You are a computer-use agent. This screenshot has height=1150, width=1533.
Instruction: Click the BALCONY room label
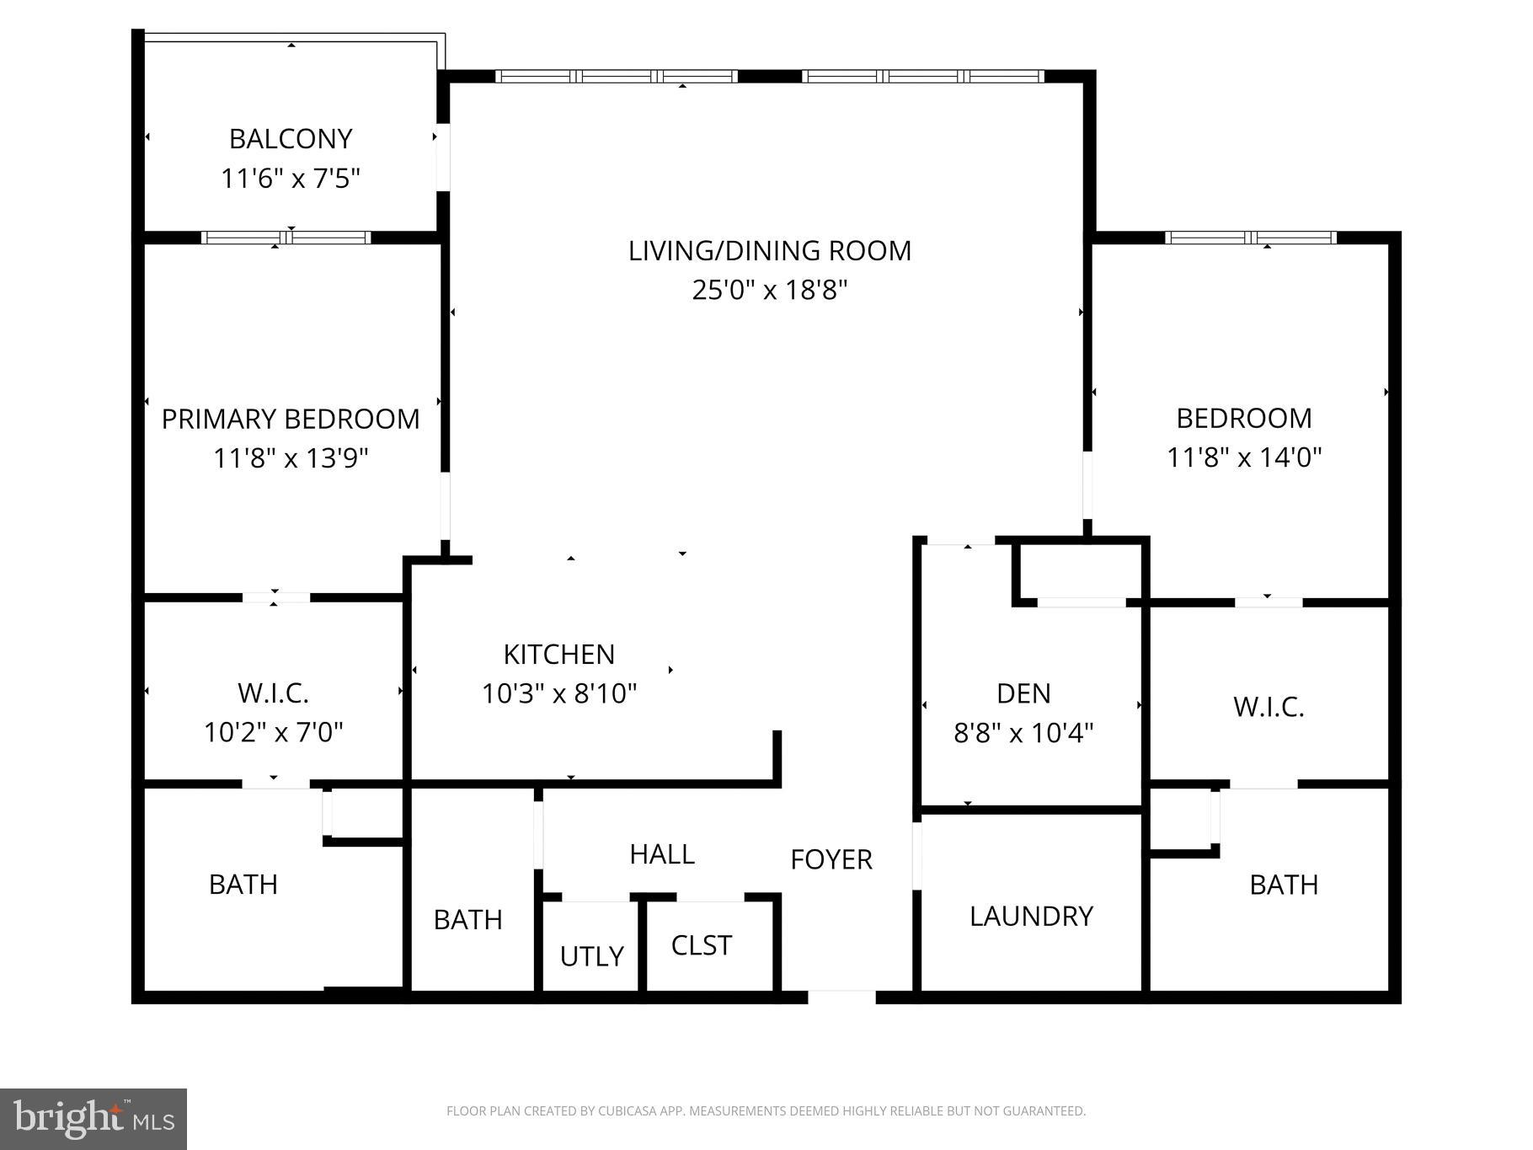291,139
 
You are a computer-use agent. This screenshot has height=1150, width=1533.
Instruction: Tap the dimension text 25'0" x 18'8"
769,291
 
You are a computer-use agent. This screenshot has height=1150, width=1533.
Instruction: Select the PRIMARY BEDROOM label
291,419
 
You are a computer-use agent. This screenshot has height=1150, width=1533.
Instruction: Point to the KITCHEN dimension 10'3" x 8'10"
559,694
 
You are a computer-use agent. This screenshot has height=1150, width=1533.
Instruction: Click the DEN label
1023,693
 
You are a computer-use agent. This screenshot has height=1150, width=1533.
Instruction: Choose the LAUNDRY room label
1031,917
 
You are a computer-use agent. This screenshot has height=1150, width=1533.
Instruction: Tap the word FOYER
831,859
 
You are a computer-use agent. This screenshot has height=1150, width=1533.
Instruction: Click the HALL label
662,854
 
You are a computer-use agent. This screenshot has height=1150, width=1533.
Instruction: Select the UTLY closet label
591,956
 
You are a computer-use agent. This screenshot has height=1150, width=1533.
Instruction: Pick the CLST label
702,945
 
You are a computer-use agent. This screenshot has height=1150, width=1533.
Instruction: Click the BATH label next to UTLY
467,920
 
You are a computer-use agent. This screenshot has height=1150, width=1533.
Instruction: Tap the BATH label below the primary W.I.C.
243,885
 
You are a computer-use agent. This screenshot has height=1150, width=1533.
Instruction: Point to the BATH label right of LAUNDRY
1284,885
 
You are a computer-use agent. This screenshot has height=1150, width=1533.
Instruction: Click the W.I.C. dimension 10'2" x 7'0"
274,732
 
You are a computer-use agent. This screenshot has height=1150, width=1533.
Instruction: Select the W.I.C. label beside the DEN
1269,707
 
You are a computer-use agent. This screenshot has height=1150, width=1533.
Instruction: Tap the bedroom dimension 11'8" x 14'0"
1244,458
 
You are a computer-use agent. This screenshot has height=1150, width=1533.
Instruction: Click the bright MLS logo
93,1119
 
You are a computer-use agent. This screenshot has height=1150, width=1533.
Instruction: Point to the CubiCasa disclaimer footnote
766,1111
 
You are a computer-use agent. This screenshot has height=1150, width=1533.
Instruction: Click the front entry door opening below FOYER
841,997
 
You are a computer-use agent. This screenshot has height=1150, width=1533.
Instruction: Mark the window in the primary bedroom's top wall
286,238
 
